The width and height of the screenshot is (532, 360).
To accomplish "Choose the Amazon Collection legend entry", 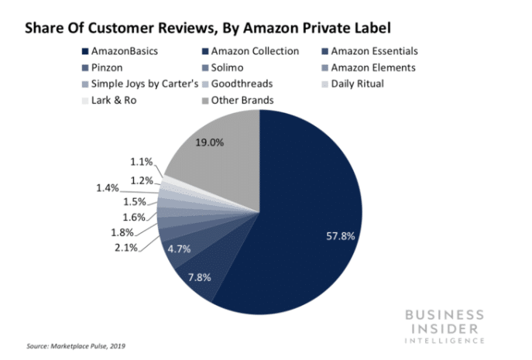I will coord(251,51).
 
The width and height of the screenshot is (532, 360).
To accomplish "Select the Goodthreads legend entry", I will coord(240,84).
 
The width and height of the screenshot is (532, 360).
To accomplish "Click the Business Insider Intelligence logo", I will coord(444,326).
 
